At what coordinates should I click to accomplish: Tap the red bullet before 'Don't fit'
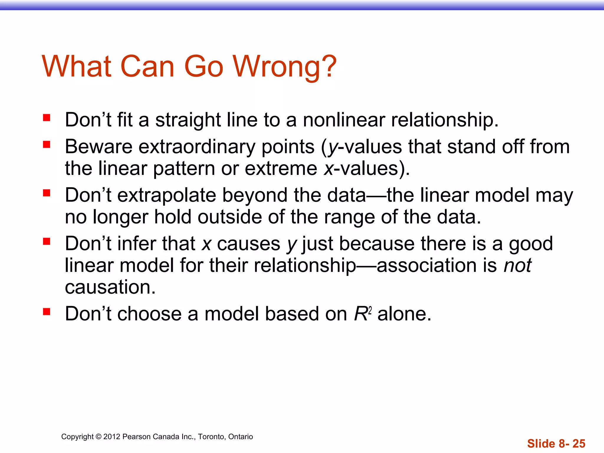[47, 118]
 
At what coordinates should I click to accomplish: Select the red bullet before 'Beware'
[47, 145]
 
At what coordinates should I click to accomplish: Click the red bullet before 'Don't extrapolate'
[47, 193]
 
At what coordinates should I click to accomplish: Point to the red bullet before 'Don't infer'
[47, 242]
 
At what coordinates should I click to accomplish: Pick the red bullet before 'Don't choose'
[47, 312]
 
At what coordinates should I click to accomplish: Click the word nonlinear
[344, 120]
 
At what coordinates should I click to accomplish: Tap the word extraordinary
[197, 147]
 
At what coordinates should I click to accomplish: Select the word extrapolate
[167, 195]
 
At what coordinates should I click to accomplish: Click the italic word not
[517, 265]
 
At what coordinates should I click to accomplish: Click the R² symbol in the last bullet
[362, 314]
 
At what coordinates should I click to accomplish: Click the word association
[426, 265]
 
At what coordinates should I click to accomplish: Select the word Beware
[99, 147]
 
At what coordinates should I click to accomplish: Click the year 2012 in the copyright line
[112, 437]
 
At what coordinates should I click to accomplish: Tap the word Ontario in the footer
[240, 437]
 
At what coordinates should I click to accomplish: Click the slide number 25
[579, 444]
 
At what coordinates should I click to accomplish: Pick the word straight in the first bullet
[188, 120]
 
